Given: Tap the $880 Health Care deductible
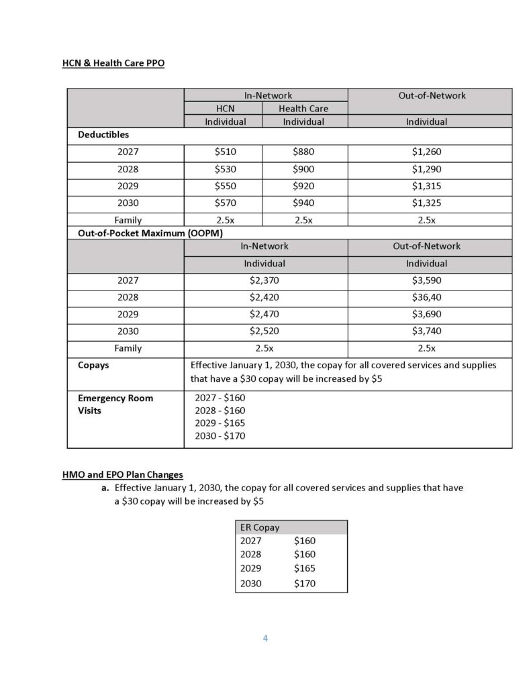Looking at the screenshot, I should click(x=304, y=152).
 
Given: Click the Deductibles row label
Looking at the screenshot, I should click(x=102, y=135).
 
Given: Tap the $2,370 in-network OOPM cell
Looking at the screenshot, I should click(x=264, y=280).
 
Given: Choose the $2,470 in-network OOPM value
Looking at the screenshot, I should click(x=264, y=314).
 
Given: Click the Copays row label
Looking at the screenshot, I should click(x=93, y=366).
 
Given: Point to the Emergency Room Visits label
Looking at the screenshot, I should click(x=115, y=404).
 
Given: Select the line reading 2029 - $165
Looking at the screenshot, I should click(x=220, y=423).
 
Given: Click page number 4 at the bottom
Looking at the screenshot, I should click(x=265, y=638).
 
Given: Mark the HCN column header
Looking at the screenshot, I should click(x=225, y=109).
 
